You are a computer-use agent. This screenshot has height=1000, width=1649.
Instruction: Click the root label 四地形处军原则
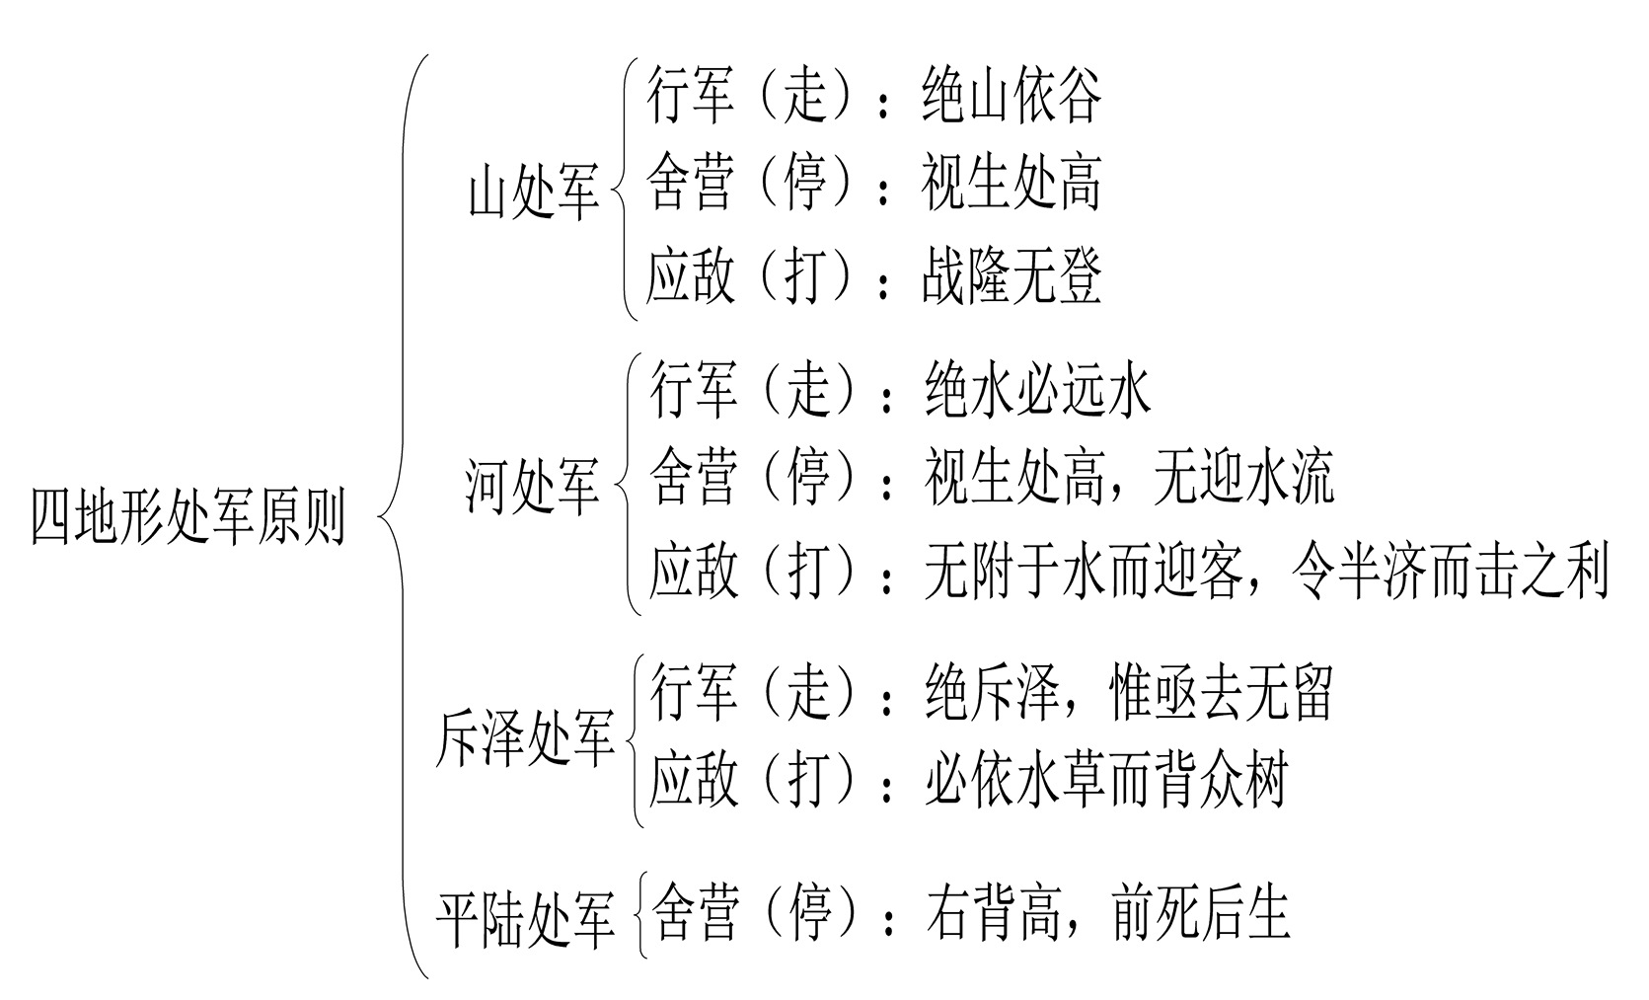(x=187, y=515)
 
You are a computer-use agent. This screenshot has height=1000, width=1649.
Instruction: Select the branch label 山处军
(x=534, y=192)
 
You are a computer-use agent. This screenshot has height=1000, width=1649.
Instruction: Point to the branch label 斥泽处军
(x=525, y=739)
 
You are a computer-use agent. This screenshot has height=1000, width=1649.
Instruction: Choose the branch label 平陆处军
(x=525, y=918)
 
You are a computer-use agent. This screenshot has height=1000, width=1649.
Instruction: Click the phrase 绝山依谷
(x=1012, y=96)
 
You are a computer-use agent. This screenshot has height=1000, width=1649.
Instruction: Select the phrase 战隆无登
(x=1012, y=276)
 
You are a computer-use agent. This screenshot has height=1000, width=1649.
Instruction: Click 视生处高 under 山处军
(x=1012, y=184)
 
